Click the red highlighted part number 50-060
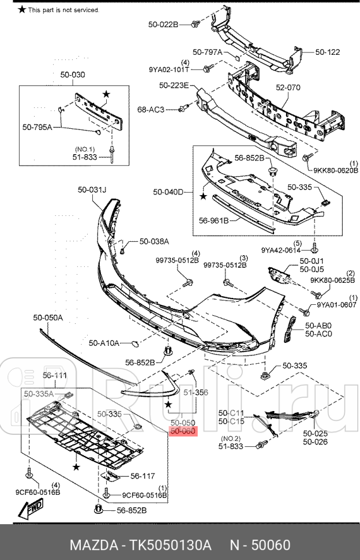tap(183, 431)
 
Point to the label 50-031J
tap(93, 189)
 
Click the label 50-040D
tap(168, 192)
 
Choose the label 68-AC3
tap(151, 109)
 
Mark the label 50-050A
tap(48, 318)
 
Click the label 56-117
tap(142, 476)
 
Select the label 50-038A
tap(153, 241)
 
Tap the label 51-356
tap(196, 392)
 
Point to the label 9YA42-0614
tap(281, 250)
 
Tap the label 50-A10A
tap(104, 343)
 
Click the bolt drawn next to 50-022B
tap(195, 24)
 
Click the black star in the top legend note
tap(22, 10)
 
